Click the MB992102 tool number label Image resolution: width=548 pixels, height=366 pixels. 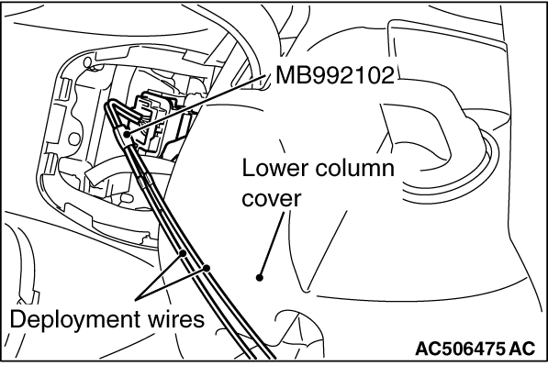pyautogui.click(x=335, y=75)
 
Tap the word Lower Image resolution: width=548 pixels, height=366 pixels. pyautogui.click(x=275, y=169)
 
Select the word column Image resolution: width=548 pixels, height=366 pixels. pyautogui.click(x=355, y=169)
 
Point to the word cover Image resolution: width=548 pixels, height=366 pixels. pyautogui.click(x=272, y=199)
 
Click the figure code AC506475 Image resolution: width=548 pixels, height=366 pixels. pyautogui.click(x=460, y=349)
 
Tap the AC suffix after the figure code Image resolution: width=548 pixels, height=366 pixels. pyautogui.click(x=521, y=349)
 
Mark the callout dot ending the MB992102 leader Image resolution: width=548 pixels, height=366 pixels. pyautogui.click(x=127, y=133)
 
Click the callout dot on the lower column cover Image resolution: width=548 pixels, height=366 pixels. pyautogui.click(x=259, y=278)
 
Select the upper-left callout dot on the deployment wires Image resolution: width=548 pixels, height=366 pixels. pyautogui.click(x=182, y=253)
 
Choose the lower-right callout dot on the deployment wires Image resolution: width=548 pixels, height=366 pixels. pyautogui.click(x=207, y=268)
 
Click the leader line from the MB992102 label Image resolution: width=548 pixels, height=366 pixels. pyautogui.click(x=195, y=105)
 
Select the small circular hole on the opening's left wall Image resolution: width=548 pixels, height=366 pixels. pyautogui.click(x=73, y=139)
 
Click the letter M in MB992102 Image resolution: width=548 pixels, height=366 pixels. pyautogui.click(x=284, y=75)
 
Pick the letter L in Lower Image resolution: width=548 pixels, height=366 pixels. pyautogui.click(x=248, y=169)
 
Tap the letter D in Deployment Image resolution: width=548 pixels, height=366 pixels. pyautogui.click(x=17, y=319)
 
